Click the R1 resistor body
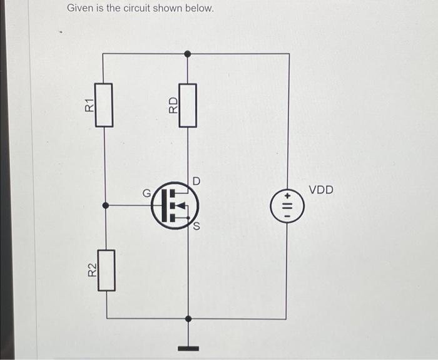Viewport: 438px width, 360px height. point(104,105)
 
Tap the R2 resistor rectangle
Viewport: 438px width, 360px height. point(107,270)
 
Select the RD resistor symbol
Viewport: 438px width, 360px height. point(188,105)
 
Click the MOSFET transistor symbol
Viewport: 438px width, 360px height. point(174,204)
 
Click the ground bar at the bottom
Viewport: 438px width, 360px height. point(188,347)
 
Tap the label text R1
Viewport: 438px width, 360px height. point(89,105)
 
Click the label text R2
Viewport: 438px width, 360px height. point(91,270)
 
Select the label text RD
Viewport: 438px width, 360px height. point(173,105)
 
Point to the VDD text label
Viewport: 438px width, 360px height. point(322,189)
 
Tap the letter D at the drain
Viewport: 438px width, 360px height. point(196,181)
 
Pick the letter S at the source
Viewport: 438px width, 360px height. point(196,227)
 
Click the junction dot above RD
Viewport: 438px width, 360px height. point(188,54)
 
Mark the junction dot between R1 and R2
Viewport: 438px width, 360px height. point(105,205)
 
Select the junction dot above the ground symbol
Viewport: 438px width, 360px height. point(188,319)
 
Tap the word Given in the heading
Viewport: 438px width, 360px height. point(80,9)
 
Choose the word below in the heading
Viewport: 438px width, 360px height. point(199,9)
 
